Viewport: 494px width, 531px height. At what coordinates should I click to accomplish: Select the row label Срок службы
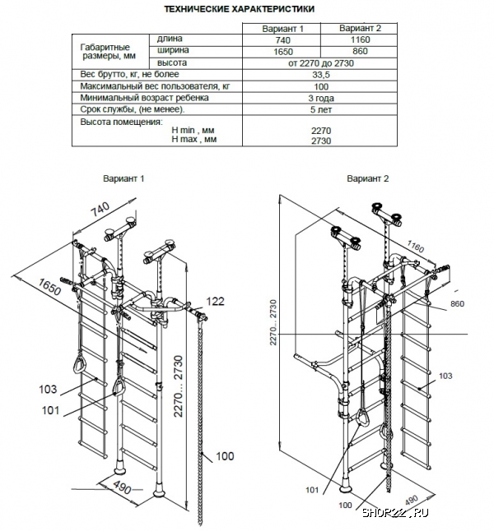pos(132,109)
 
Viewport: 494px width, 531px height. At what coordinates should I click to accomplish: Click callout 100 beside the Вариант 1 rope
pos(224,456)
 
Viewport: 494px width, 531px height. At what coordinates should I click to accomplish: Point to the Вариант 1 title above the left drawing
pos(123,178)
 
